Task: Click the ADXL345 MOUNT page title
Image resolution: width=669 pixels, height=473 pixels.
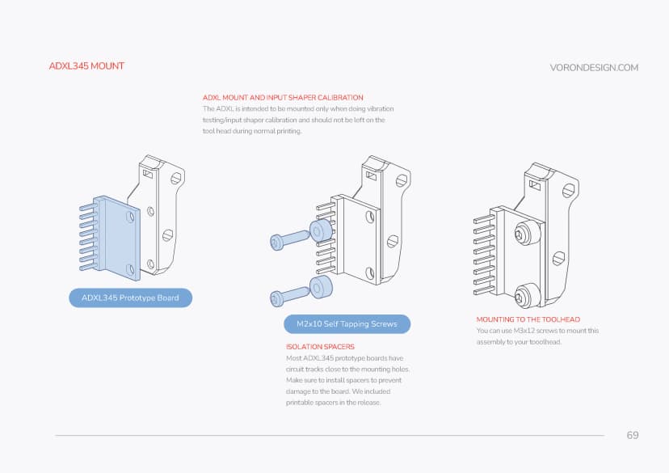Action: tap(86, 65)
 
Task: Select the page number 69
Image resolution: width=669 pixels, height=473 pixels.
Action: tap(633, 435)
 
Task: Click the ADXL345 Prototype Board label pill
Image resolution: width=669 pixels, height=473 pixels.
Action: tap(131, 298)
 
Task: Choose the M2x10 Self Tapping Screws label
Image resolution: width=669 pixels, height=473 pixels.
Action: tap(347, 324)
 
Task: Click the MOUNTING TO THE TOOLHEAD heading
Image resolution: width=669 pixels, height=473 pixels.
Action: tap(528, 319)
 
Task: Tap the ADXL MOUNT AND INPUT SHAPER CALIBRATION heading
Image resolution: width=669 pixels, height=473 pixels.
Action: tap(283, 97)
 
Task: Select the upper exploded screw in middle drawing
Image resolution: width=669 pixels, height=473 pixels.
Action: tap(290, 239)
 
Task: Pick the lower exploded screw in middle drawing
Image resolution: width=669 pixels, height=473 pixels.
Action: tap(290, 296)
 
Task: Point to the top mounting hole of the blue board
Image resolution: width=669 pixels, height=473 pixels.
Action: tap(129, 215)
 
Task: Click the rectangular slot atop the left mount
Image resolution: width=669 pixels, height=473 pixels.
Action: tap(147, 173)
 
